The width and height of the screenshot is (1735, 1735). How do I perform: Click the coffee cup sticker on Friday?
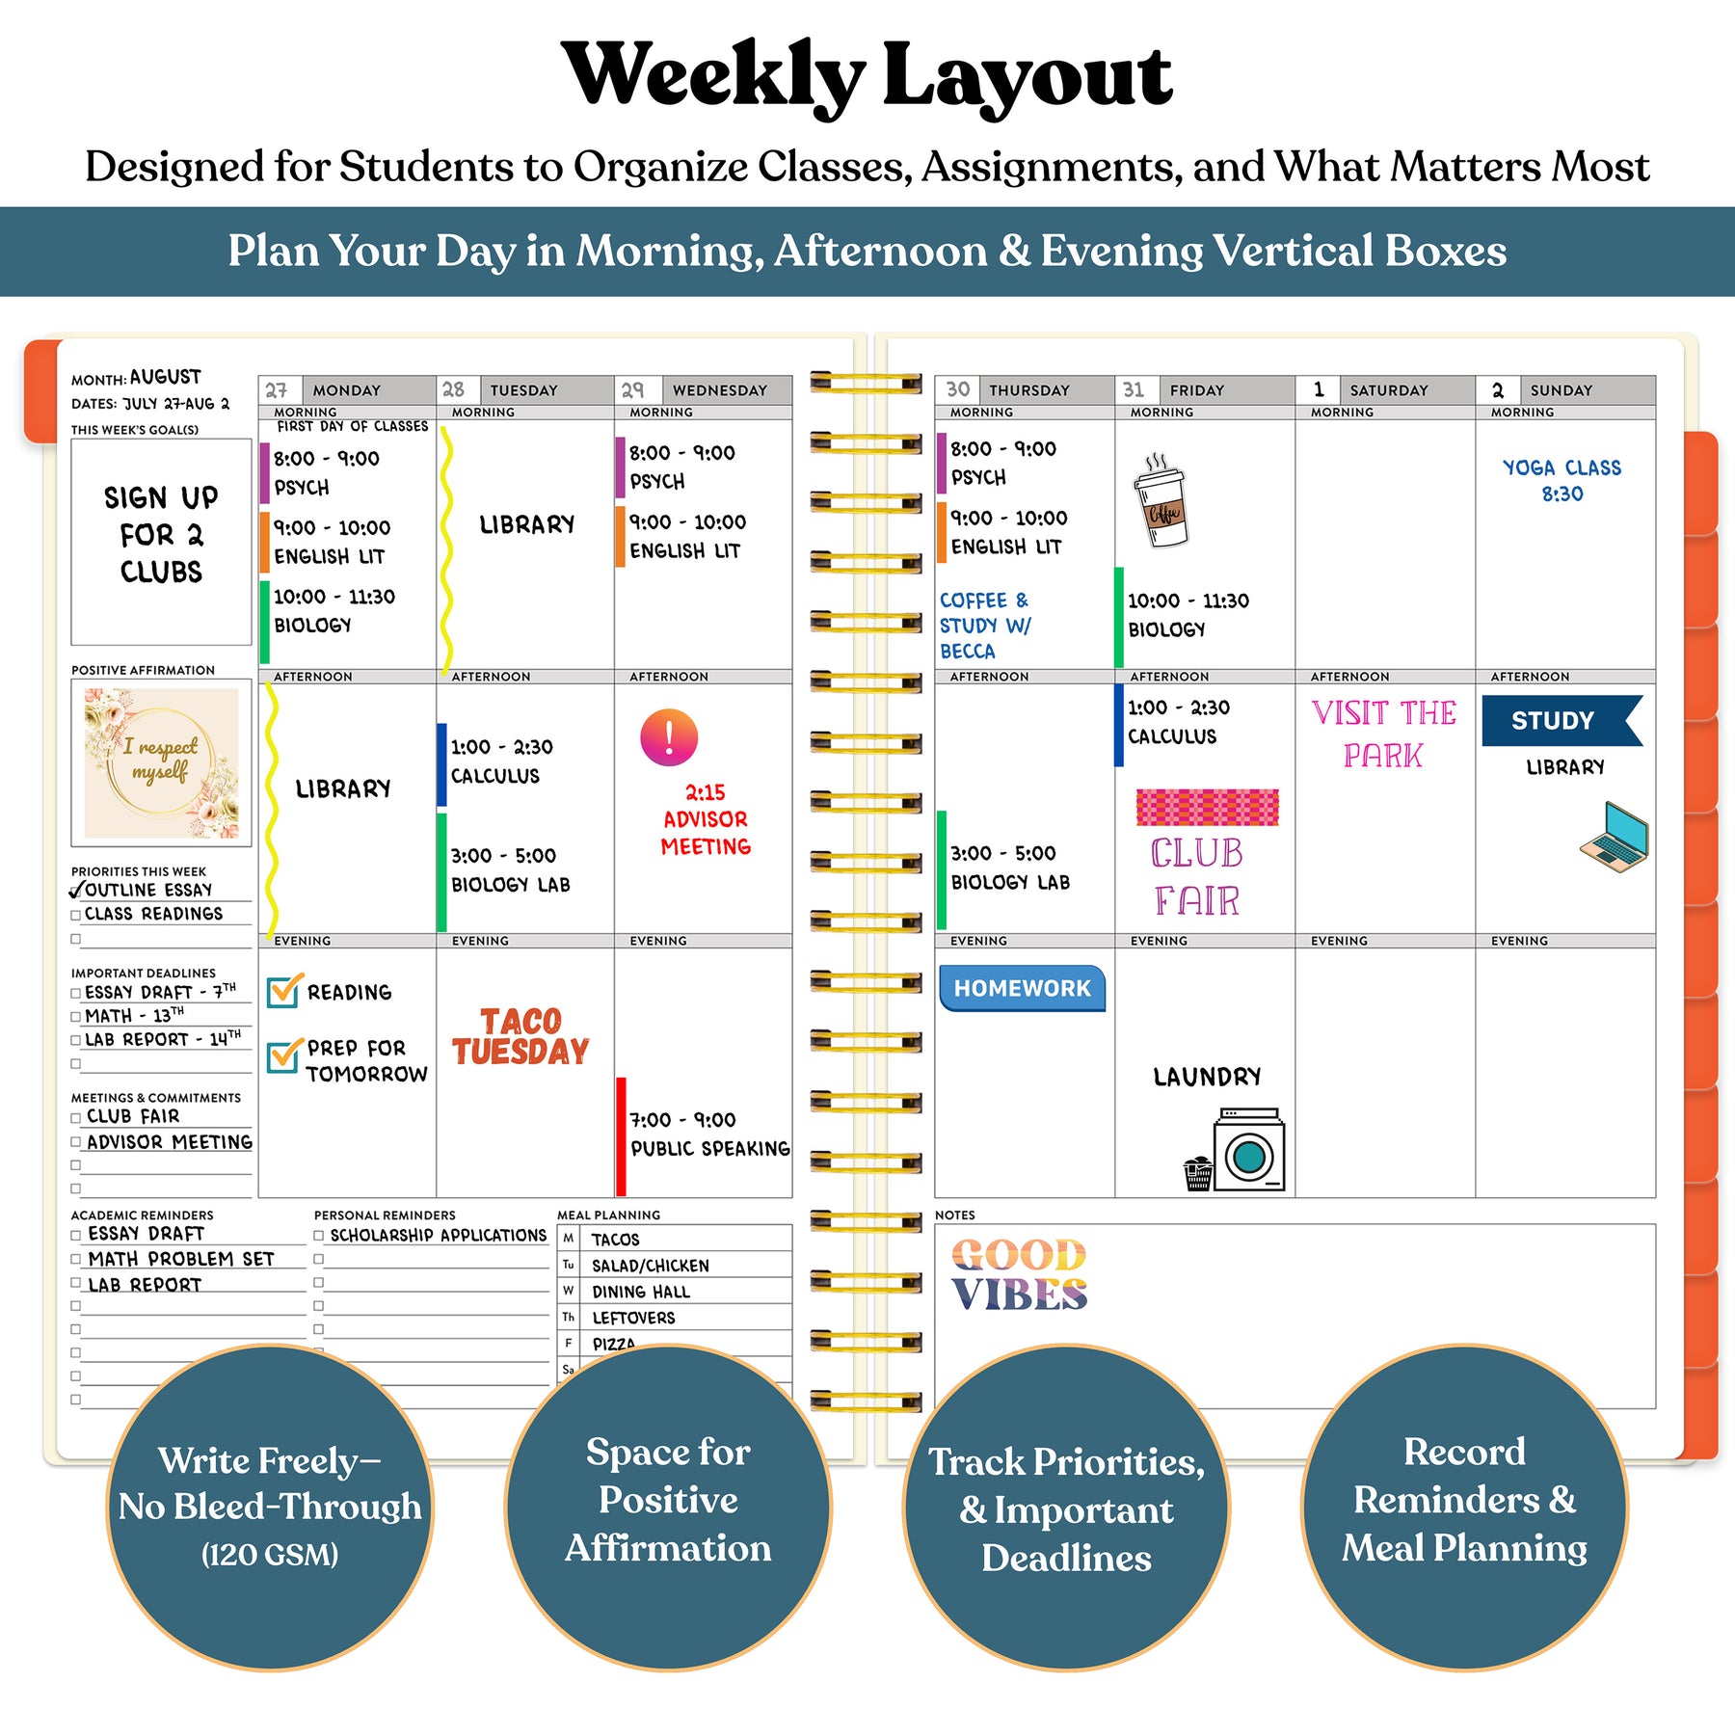coord(1161,501)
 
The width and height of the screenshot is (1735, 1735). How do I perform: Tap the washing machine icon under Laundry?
coord(1249,1150)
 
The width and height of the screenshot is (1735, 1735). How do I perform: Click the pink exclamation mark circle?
coord(669,737)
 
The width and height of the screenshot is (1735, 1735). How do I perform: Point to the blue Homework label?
coord(1022,988)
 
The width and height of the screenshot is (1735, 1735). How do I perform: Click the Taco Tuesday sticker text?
coord(520,1036)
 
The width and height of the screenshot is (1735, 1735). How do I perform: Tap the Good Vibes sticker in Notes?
coord(1020,1274)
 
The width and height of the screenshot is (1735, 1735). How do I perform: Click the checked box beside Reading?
coord(282,991)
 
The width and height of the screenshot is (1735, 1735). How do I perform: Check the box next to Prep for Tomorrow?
coord(282,1056)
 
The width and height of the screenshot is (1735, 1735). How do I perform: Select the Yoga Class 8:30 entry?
coord(1561,480)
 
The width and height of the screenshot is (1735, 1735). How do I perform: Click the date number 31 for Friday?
coord(1134,389)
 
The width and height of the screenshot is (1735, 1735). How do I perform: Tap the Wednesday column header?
coord(719,390)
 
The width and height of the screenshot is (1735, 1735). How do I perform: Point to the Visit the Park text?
coord(1383,734)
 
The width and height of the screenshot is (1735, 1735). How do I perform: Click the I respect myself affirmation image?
coord(161,762)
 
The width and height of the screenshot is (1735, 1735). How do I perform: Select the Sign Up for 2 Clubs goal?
coord(161,535)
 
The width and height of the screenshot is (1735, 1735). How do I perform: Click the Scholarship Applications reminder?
coord(439,1235)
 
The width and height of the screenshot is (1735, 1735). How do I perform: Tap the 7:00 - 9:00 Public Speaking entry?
coord(709,1134)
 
